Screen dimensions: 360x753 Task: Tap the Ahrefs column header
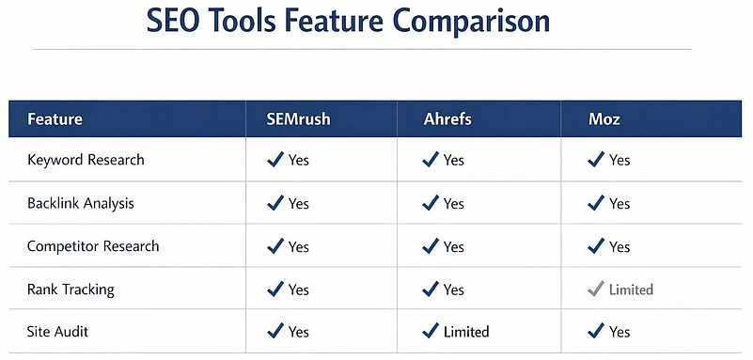448,119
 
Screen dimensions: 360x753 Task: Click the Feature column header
55,119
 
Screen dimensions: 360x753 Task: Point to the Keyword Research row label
86,160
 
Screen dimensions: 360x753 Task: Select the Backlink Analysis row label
81,203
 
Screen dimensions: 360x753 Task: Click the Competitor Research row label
93,246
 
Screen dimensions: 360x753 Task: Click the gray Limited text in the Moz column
631,290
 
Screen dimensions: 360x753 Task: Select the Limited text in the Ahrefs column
466,332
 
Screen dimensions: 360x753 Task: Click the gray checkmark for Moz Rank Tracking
595,290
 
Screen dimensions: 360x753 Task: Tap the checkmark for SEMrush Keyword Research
275,160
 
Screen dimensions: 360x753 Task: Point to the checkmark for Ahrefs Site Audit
431,332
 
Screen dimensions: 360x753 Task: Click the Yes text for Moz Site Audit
620,332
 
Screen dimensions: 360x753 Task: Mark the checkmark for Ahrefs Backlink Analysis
431,203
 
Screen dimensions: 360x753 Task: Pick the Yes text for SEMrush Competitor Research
299,246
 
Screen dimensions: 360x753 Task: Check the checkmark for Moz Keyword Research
595,160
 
